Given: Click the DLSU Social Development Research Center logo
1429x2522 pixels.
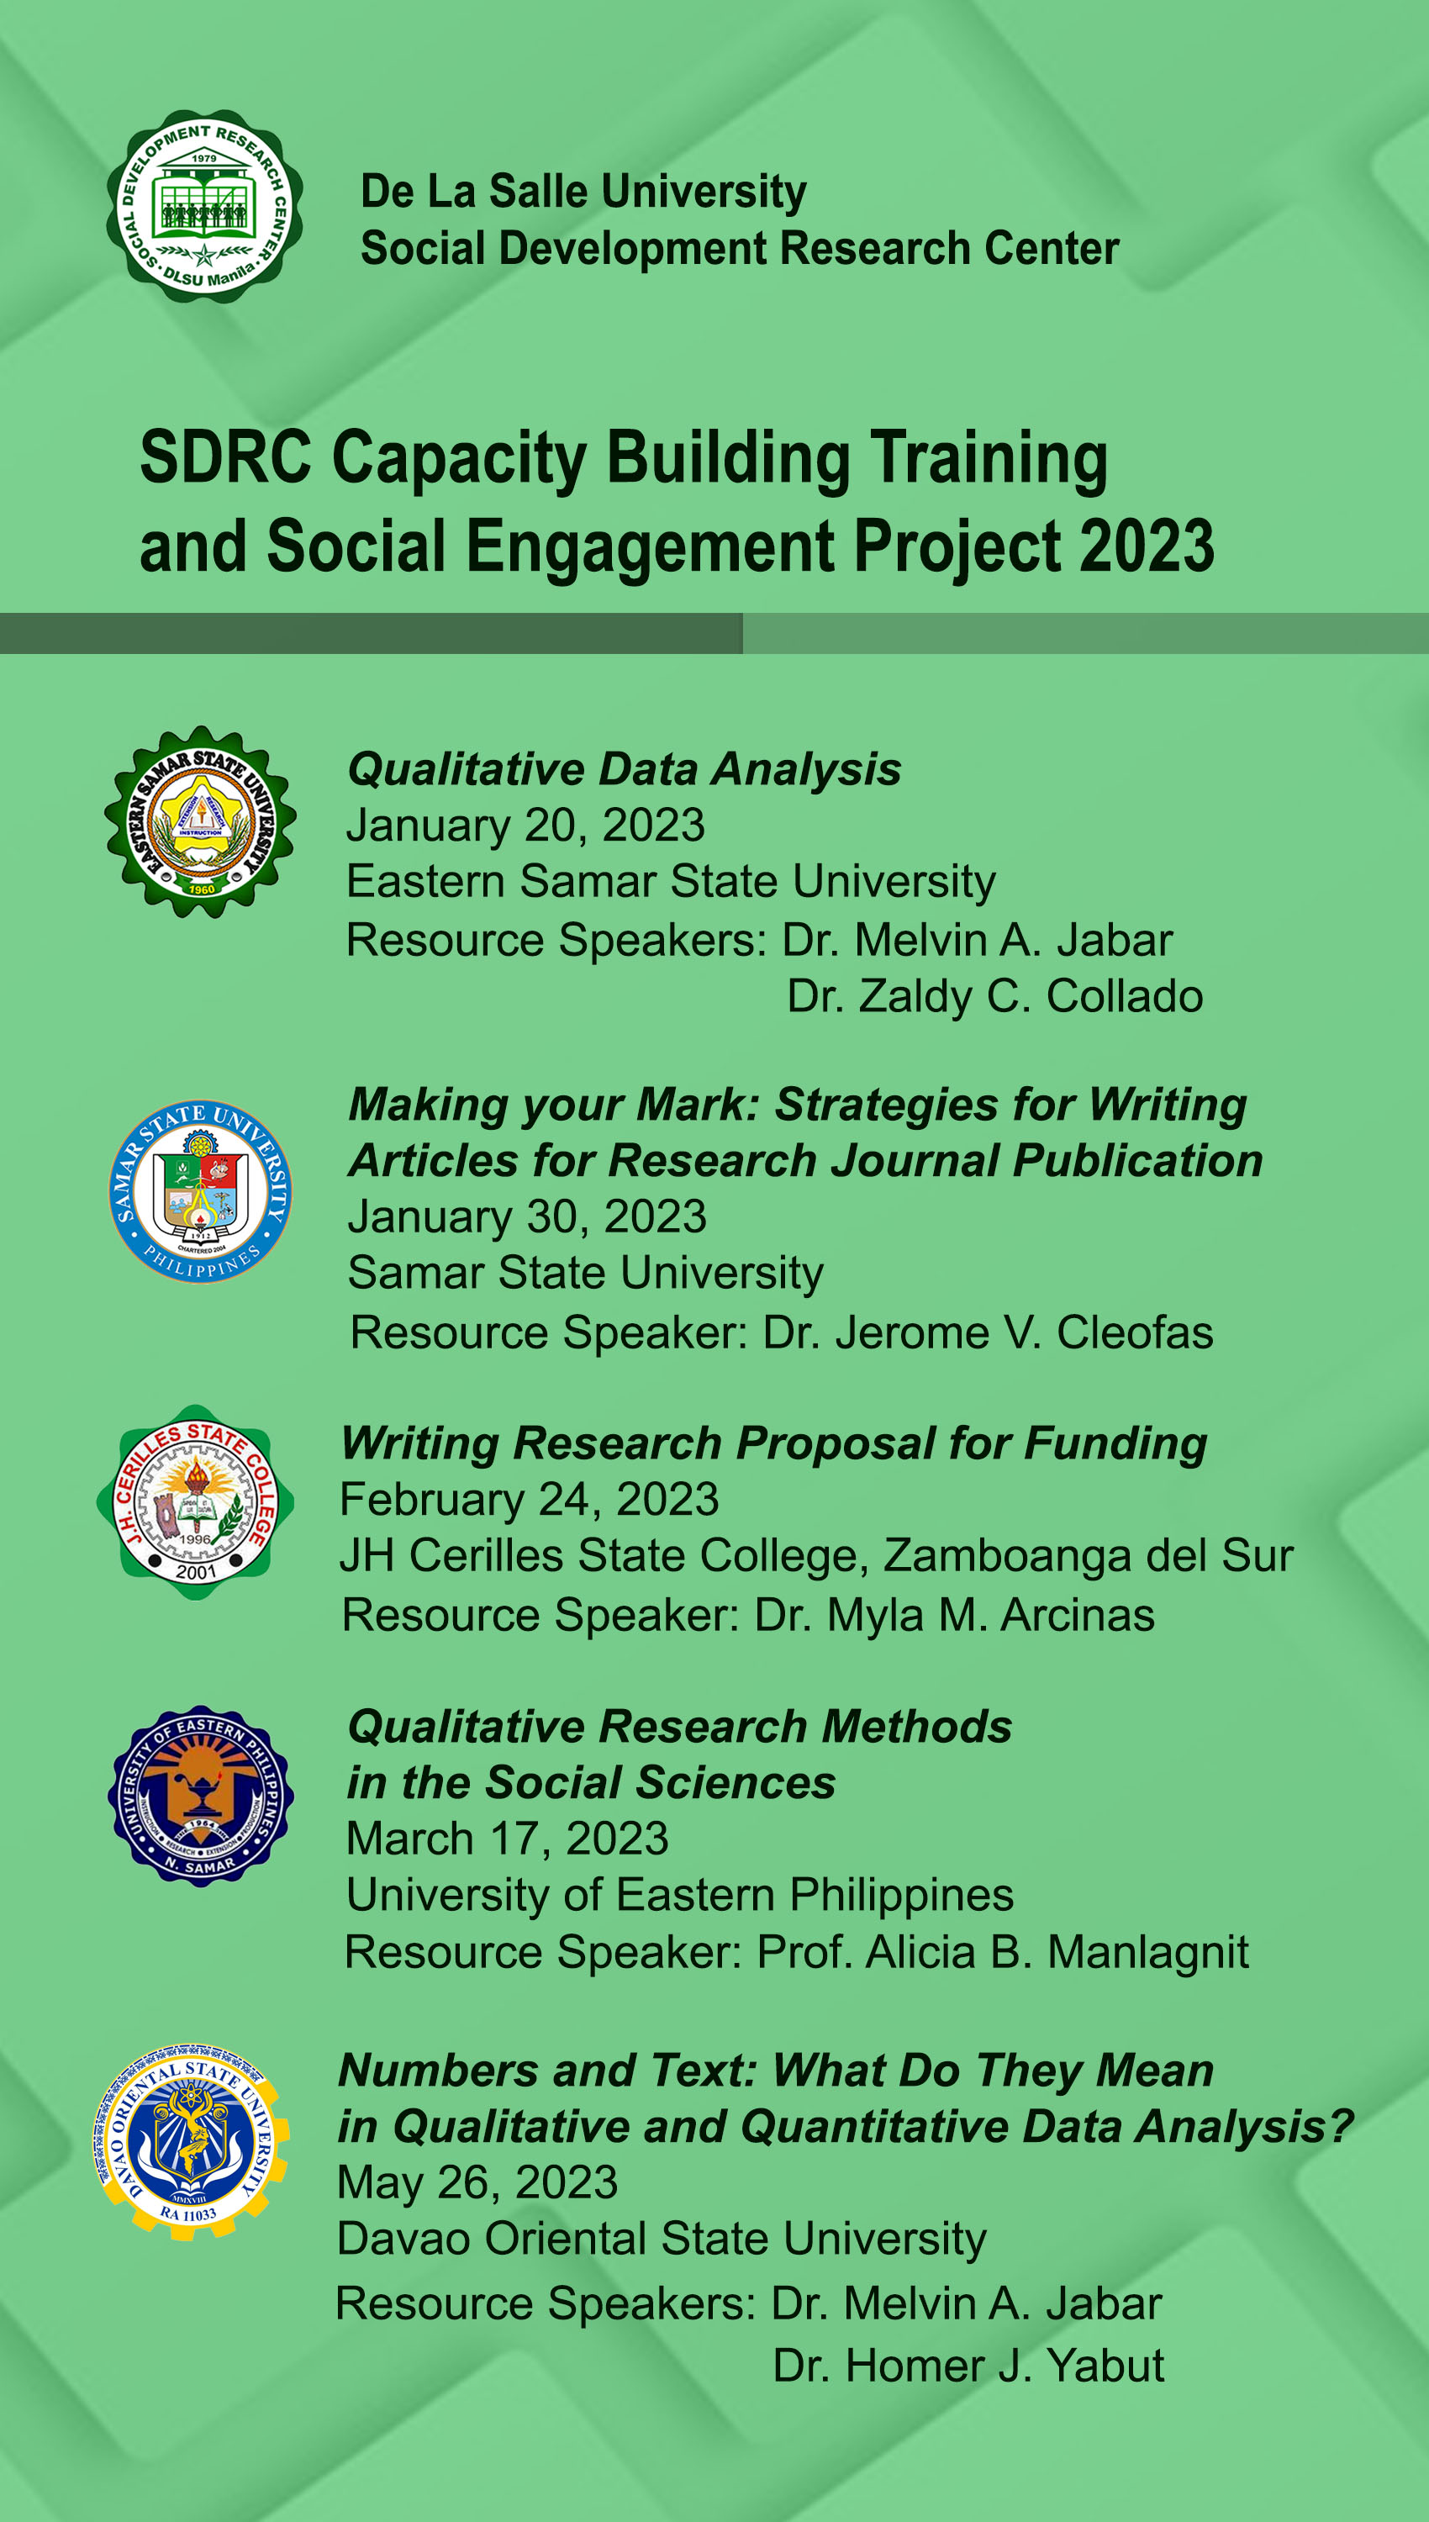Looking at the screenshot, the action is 204,206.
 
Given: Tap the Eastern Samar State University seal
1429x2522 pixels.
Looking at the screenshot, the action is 200,822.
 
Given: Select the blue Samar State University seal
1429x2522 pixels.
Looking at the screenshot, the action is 200,1191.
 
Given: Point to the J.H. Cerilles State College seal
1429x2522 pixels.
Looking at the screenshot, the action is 195,1502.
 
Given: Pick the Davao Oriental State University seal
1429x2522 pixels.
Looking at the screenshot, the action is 192,2141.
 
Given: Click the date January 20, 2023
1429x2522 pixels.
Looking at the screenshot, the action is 525,826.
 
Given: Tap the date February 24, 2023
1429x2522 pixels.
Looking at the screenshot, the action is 529,1500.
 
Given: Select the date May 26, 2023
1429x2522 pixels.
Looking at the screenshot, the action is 477,2182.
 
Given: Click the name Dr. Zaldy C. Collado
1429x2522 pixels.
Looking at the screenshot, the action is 995,996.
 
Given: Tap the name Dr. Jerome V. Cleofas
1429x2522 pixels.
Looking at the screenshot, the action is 989,1332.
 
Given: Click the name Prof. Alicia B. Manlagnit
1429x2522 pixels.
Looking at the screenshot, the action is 1003,1952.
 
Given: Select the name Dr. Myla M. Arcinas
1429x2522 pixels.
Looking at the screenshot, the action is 955,1615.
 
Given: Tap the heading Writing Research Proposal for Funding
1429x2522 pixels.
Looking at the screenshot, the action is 774,1444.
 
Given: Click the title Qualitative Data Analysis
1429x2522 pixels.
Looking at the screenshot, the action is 625,769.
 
